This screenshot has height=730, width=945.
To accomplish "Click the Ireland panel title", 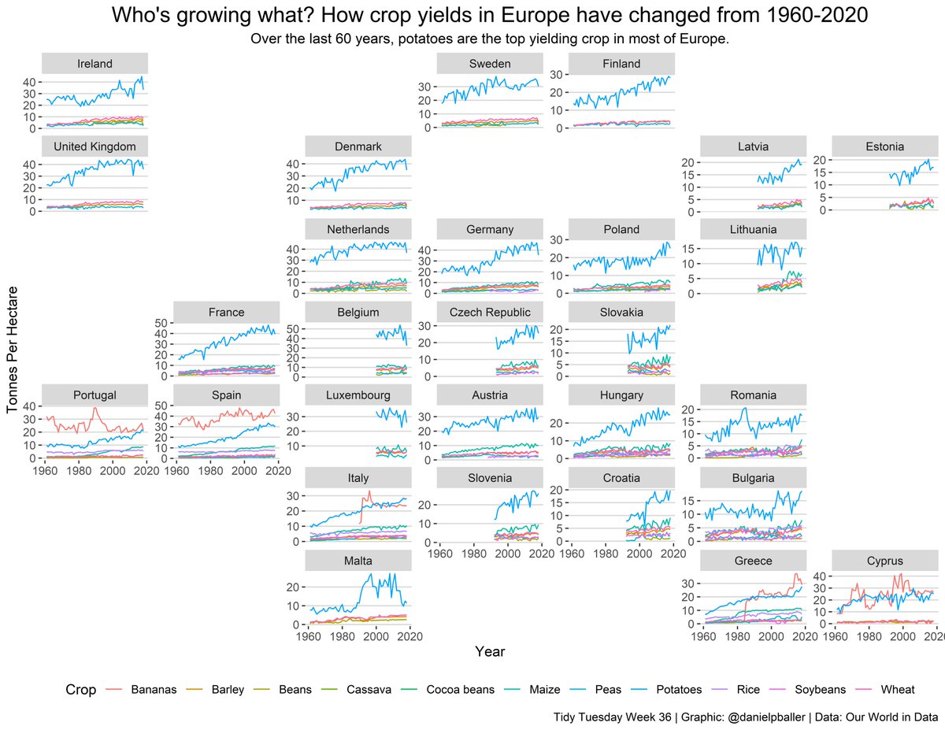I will point(94,64).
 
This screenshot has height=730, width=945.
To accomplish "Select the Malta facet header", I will point(358,561).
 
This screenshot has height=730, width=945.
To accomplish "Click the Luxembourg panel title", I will point(358,395).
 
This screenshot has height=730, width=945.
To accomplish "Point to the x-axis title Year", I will point(489,651).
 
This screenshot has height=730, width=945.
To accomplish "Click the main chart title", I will point(489,15).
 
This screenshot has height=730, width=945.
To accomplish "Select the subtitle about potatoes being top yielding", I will point(489,39).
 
